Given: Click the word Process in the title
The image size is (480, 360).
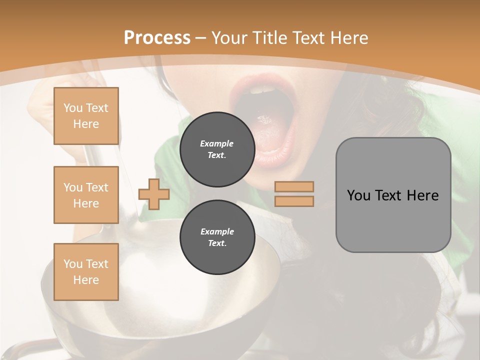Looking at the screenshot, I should click(157, 38).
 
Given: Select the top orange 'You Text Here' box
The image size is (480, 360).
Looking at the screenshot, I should click(86, 116).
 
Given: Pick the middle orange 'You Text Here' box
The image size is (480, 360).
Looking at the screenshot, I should click(86, 195).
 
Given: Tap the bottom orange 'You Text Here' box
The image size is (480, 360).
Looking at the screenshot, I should click(86, 272).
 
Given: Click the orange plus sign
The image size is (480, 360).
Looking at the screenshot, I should click(154, 194).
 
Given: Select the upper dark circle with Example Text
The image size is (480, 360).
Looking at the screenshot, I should click(217, 149).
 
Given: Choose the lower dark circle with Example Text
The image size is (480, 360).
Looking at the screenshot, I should click(217, 237).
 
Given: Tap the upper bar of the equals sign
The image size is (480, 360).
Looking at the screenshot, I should click(294, 186).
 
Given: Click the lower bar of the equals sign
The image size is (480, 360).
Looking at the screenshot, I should click(294, 201).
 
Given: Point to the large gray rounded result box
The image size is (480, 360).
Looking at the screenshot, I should click(393, 220).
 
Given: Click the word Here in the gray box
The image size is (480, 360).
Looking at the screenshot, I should click(422, 195).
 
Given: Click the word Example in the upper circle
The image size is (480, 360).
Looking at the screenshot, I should click(217, 143).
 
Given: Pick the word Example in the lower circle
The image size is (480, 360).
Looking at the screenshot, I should click(217, 231).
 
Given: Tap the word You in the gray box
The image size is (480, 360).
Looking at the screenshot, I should click(358, 195).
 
